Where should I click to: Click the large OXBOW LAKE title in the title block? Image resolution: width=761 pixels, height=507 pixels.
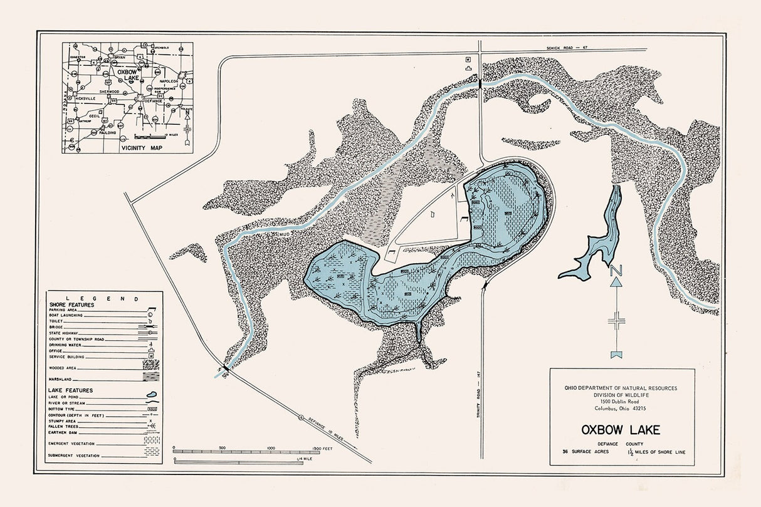point(621,431)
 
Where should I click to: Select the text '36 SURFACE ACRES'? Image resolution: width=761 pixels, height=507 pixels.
point(585,451)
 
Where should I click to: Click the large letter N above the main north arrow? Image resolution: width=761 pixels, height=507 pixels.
point(617,270)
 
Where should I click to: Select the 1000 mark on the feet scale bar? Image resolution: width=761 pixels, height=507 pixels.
point(271,448)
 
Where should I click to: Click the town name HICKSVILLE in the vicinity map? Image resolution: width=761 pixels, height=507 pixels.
point(81,98)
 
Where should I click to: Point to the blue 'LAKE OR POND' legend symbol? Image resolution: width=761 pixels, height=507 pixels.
point(151,396)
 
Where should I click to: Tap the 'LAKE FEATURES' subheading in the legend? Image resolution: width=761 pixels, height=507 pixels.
point(71,390)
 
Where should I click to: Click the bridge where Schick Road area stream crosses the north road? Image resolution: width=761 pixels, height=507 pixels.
point(480,82)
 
